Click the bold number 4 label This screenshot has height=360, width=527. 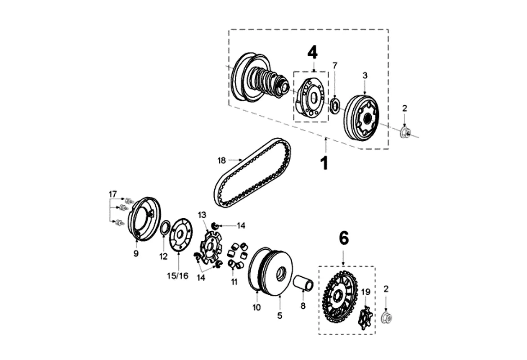click(312, 53)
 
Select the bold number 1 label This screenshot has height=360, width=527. click(324, 162)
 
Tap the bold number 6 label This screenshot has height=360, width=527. click(343, 238)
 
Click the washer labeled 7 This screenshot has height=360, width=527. click(334, 105)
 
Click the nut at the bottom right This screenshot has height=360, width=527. click(386, 318)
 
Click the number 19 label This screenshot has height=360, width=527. click(366, 292)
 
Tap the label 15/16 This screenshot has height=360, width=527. click(178, 275)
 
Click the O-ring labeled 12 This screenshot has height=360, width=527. click(165, 229)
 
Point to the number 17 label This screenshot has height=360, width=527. click(113, 194)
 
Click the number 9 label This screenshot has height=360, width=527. click(136, 254)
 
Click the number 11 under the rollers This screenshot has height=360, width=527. click(234, 282)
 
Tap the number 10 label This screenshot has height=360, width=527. click(257, 307)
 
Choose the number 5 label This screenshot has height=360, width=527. click(279, 316)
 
